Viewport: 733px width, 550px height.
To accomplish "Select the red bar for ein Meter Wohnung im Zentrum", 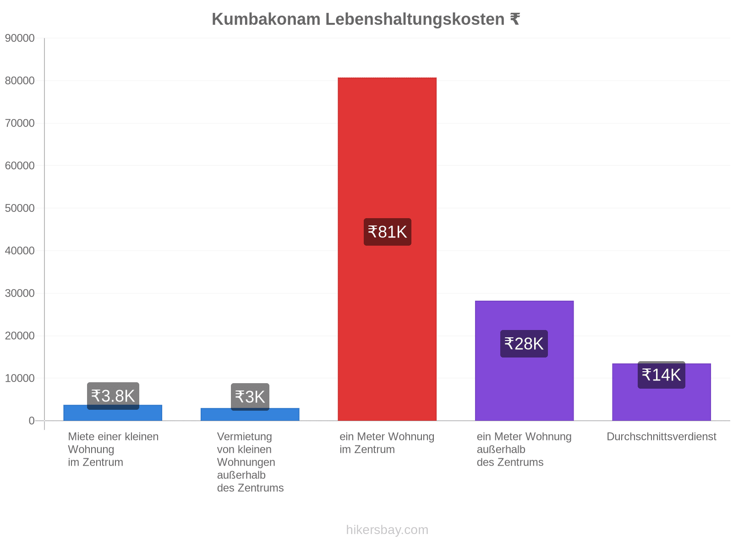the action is point(387,249).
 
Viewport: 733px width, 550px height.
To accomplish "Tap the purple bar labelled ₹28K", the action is point(524,360).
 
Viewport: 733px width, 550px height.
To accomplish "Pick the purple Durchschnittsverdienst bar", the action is point(661,392).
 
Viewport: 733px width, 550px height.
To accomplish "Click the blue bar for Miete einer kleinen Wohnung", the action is point(113,413).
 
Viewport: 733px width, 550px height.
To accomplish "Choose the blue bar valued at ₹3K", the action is point(250,414).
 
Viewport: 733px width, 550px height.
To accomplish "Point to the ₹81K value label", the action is point(387,232).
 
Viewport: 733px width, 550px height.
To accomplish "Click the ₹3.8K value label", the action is point(113,396).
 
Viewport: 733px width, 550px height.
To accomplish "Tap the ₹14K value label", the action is point(661,374).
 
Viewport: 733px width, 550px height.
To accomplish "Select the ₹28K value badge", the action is point(524,344).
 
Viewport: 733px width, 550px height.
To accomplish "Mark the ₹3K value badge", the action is point(250,397).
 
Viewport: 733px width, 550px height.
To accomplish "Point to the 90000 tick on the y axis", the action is point(20,38).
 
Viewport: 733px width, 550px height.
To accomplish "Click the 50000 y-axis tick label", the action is point(20,208).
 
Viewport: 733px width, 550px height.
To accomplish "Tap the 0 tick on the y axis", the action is point(32,420).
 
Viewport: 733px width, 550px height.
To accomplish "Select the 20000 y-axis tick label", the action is point(20,335).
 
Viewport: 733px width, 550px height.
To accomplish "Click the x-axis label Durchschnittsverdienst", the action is point(661,436).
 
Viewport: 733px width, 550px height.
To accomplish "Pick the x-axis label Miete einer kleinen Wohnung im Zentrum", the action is point(113,449).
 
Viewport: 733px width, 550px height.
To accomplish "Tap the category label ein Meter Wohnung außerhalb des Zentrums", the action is point(524,449).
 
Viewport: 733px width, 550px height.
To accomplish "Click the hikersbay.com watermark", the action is point(387,530).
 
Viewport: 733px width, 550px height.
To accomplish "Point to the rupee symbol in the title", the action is point(514,19).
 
